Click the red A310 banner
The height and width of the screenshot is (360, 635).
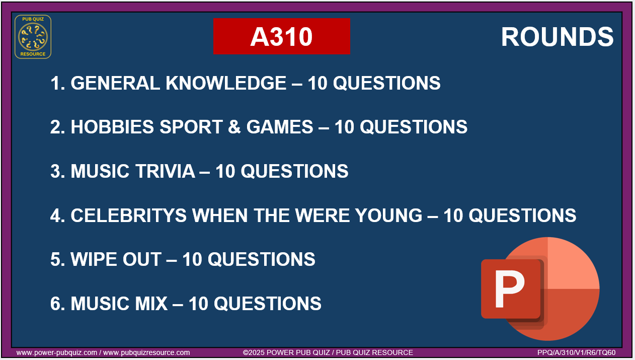point(281,36)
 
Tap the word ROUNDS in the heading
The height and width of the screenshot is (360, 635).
point(558,37)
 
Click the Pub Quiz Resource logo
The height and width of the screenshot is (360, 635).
point(33,37)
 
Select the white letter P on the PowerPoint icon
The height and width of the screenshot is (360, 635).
point(509,289)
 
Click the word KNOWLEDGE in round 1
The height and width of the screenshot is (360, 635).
point(225,83)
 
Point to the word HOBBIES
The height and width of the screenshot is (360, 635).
point(112,127)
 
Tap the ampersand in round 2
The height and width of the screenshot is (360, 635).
point(234,127)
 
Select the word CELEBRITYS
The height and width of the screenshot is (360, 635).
point(128,215)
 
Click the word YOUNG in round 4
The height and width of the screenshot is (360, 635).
point(388,215)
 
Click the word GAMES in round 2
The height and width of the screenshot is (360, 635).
point(280,127)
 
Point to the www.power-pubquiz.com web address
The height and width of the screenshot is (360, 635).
point(57,352)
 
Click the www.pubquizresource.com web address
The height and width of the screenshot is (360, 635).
point(146,352)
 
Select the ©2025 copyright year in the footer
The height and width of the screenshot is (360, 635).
point(254,352)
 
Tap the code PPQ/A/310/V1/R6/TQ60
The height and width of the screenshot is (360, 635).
point(576,352)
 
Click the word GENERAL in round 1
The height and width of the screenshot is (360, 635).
point(115,83)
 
